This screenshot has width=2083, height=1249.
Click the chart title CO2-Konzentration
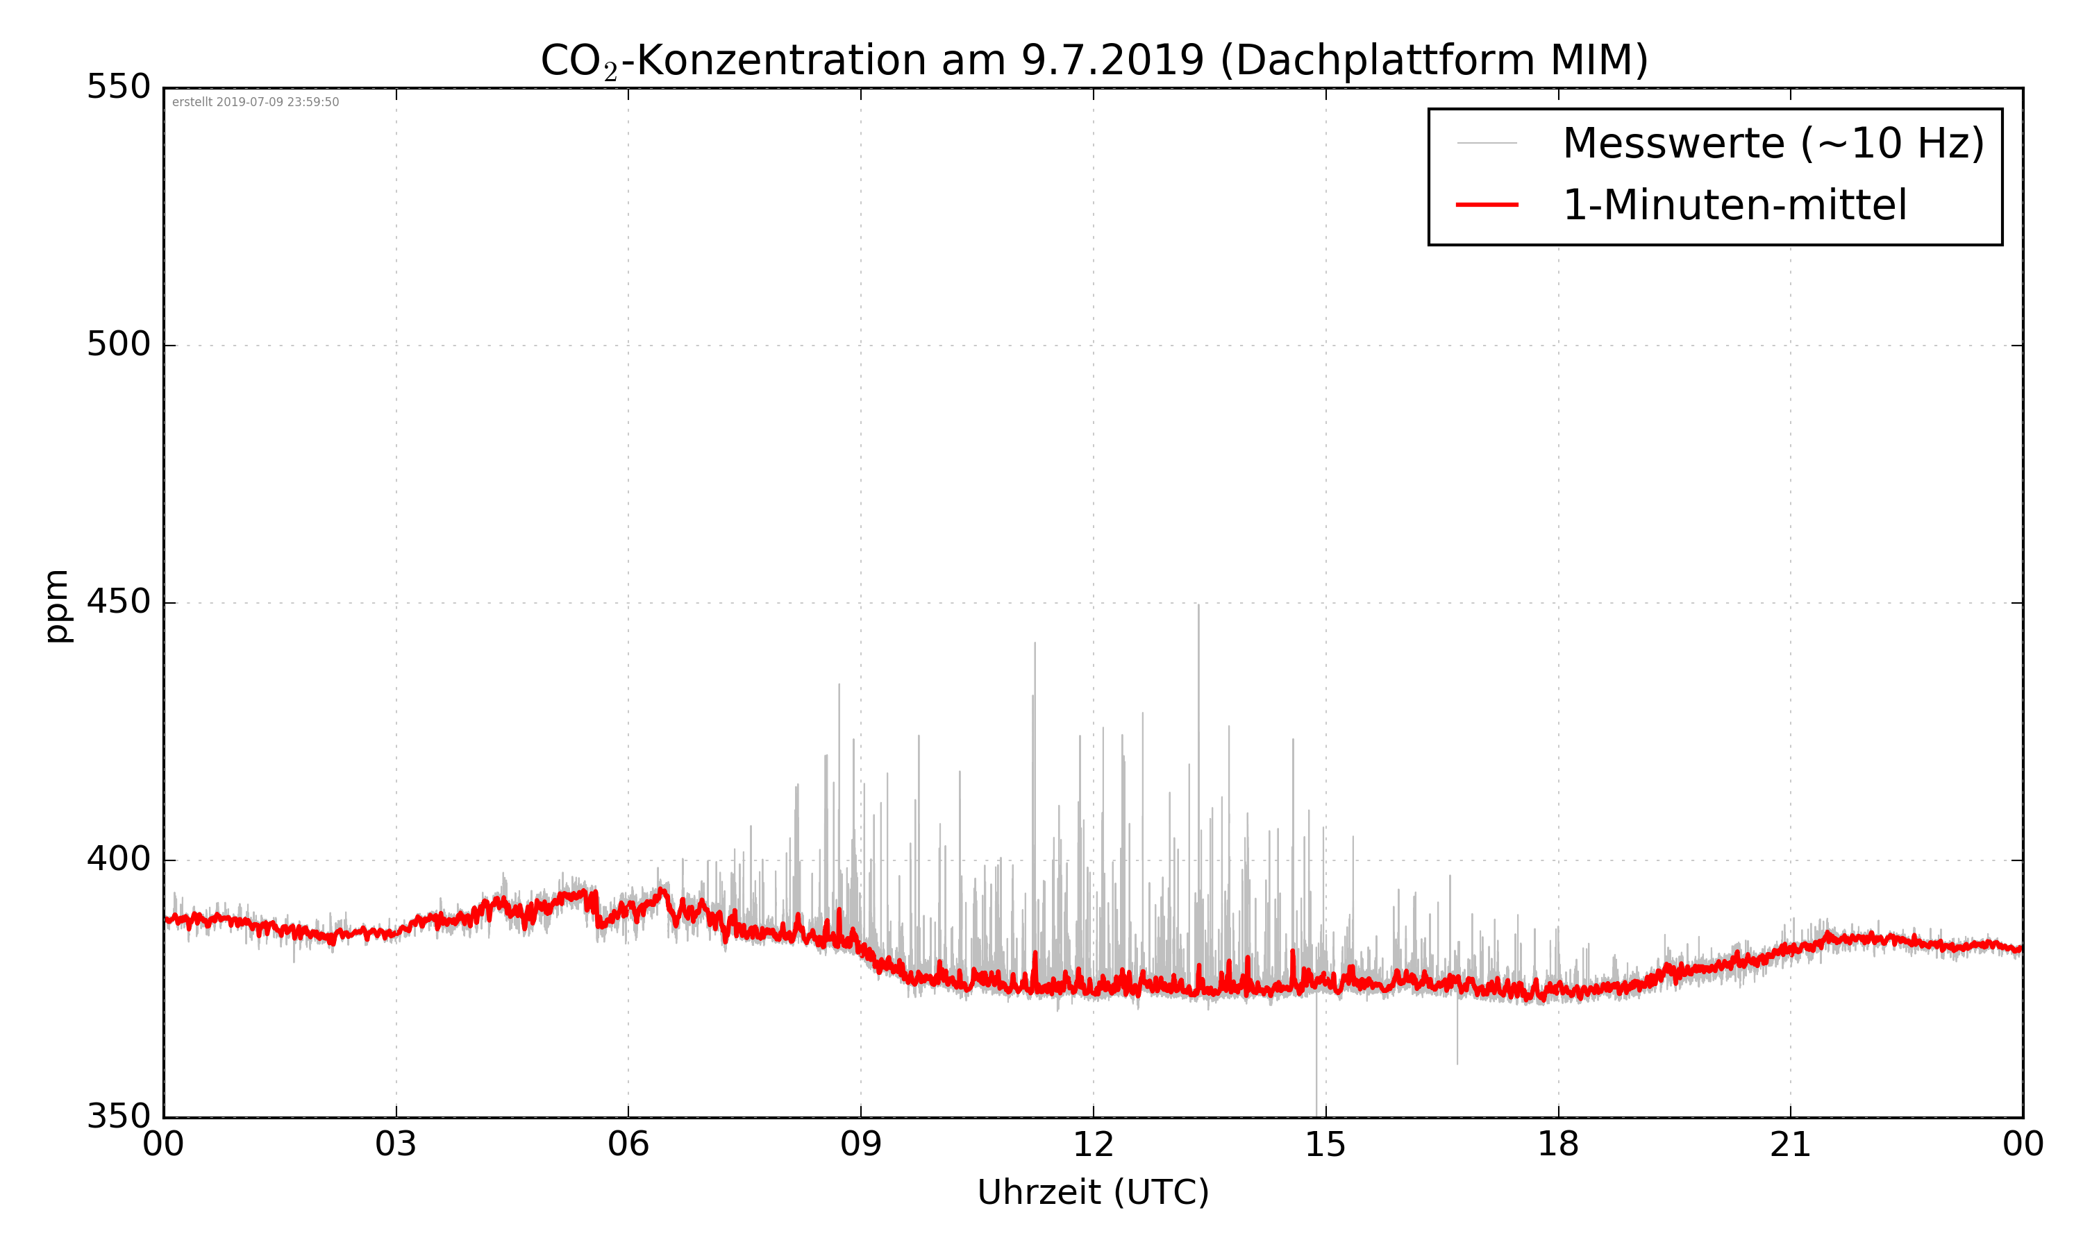1094,60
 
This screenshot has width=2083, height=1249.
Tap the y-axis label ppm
56,606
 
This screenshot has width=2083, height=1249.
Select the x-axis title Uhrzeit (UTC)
1093,1192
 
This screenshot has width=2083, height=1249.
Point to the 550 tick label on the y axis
119,87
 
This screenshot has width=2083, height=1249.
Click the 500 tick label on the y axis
119,344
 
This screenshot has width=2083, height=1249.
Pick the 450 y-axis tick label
119,602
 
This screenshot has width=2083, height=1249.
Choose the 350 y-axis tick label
119,1117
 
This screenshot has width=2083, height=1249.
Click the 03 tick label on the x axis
396,1146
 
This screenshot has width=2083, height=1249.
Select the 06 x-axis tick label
628,1146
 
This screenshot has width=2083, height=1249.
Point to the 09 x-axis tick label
860,1146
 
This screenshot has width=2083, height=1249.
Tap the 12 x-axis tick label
1093,1146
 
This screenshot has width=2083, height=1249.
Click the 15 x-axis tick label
1325,1146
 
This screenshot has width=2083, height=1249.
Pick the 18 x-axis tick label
1557,1146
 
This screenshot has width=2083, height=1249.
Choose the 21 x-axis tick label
1790,1146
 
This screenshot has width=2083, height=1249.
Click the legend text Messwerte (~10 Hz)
1773,143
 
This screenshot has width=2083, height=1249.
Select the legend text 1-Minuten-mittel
1734,205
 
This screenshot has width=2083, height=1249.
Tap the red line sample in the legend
1487,205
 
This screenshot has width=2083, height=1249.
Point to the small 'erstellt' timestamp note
255,103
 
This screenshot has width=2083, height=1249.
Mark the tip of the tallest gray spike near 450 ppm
1198,605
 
